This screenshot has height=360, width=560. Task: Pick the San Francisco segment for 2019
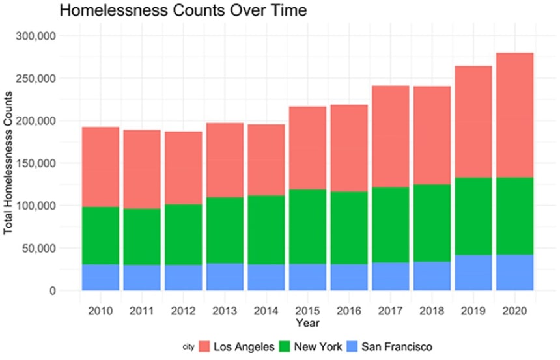tap(472, 272)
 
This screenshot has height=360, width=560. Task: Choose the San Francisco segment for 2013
tap(225, 277)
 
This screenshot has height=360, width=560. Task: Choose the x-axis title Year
tap(306, 322)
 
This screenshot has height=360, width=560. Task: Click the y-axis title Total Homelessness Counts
tap(8, 163)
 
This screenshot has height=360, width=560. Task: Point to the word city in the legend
tap(189, 346)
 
